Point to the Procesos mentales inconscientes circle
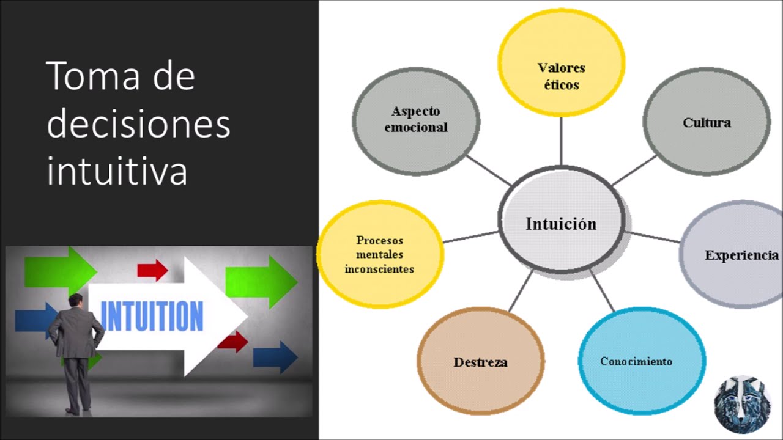[x=379, y=254]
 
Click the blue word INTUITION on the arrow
[x=151, y=316]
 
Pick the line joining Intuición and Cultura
[x=634, y=170]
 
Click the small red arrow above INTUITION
[x=152, y=269]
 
